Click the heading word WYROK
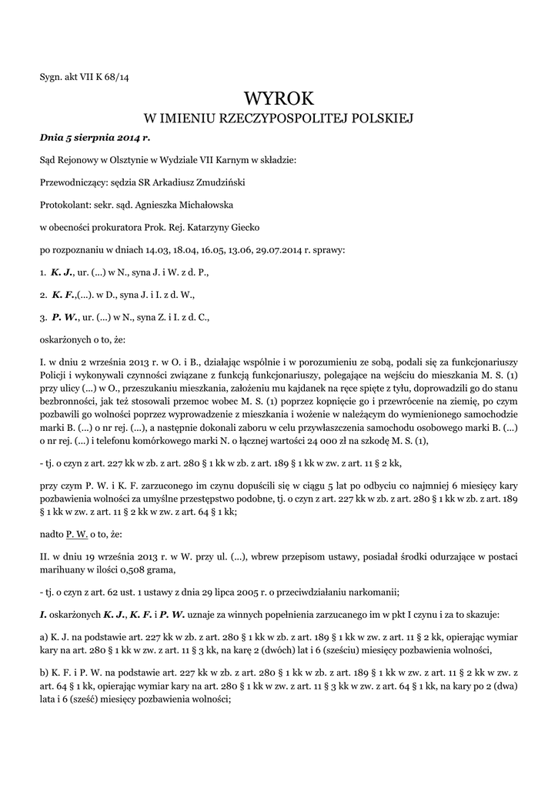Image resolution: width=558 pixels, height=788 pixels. (279, 98)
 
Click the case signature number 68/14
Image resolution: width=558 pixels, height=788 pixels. (117, 76)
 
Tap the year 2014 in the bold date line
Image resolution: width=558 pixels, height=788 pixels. (125, 138)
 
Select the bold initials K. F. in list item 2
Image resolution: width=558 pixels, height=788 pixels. (62, 294)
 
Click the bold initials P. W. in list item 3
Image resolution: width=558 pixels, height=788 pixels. (63, 316)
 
